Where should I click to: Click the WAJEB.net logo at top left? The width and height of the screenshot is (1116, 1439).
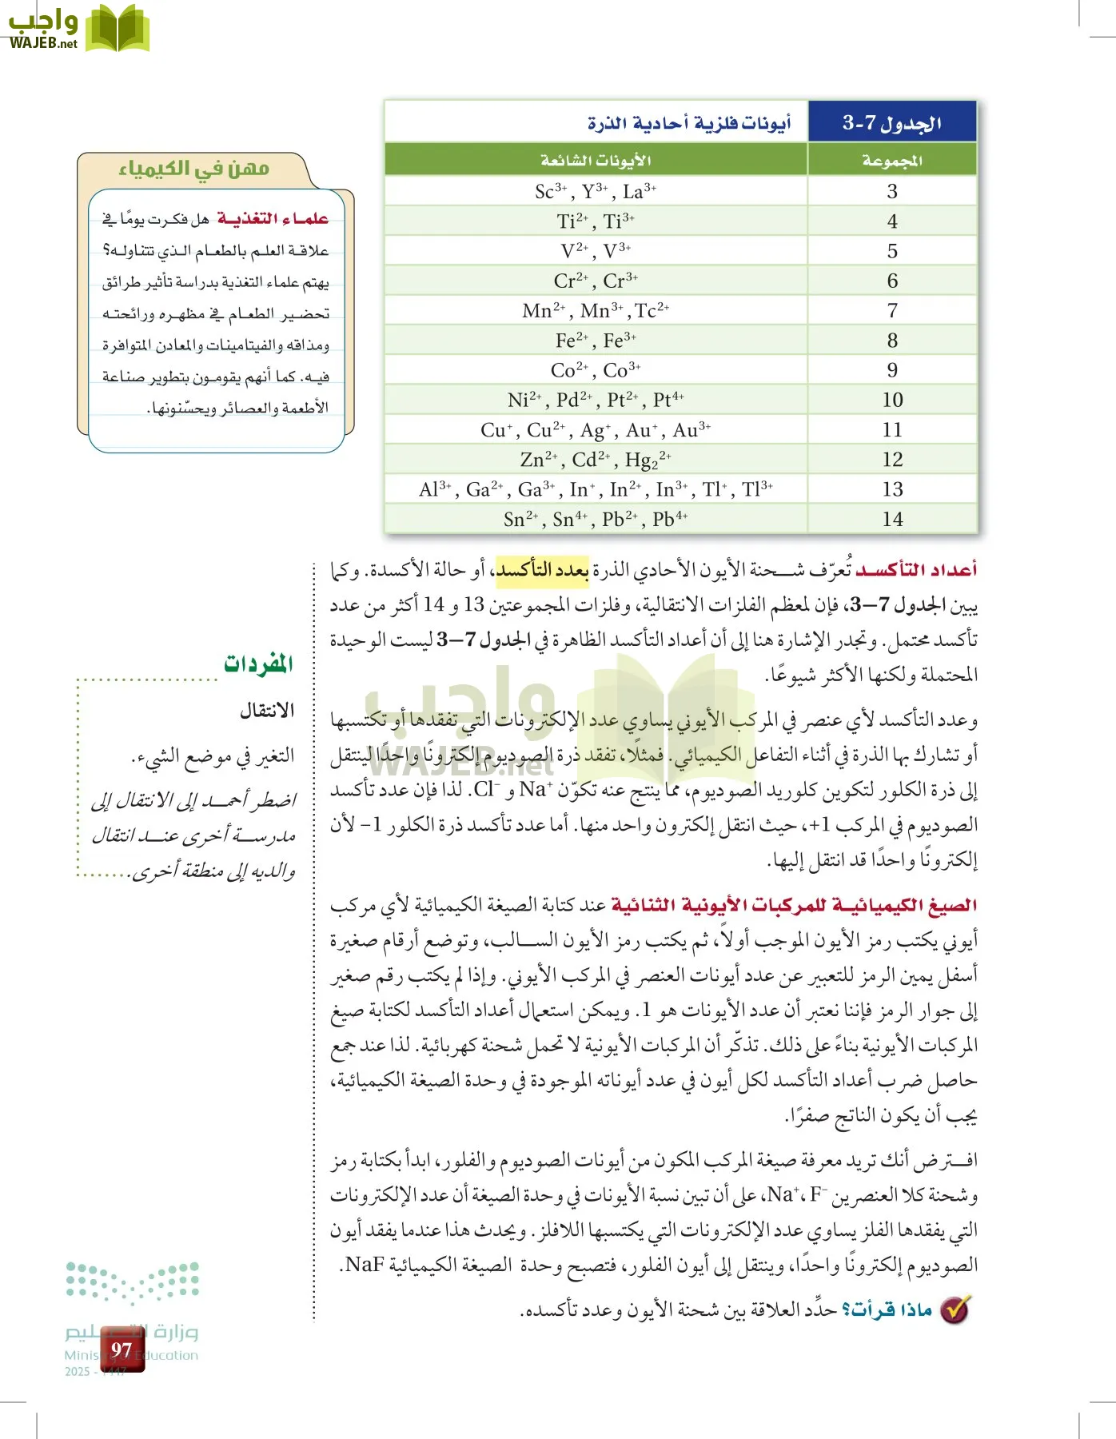point(78,29)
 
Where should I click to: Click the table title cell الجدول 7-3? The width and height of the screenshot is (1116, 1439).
point(892,122)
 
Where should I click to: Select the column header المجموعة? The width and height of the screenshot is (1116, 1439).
point(892,161)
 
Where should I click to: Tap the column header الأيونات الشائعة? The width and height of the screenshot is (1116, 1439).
point(596,161)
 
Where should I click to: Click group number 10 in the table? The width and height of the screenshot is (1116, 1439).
point(892,400)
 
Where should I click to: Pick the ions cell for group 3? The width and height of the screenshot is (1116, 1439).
point(596,192)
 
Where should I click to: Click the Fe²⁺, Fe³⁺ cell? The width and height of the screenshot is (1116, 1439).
point(596,341)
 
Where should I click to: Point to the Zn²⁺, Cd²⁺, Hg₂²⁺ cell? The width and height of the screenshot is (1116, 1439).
point(596,460)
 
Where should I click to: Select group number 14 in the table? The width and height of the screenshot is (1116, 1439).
point(892,520)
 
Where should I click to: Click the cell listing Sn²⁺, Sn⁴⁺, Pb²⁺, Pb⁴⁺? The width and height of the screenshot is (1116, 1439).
point(596,520)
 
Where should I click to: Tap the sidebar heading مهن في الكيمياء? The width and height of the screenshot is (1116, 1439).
point(193,169)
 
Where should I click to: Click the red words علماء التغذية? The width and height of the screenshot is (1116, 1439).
point(273,218)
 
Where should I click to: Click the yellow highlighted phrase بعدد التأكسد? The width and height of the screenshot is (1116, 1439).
point(542,569)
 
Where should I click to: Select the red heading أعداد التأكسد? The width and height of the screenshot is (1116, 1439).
point(916,569)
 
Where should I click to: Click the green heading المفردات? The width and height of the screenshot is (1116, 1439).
point(258,664)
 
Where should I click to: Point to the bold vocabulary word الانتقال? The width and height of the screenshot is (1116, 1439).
point(267,710)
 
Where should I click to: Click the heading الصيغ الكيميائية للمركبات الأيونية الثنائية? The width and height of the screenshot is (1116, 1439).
point(793,905)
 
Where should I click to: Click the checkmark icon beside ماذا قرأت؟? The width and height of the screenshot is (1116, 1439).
point(955,1309)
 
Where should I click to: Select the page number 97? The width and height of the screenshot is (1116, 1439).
point(122,1350)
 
